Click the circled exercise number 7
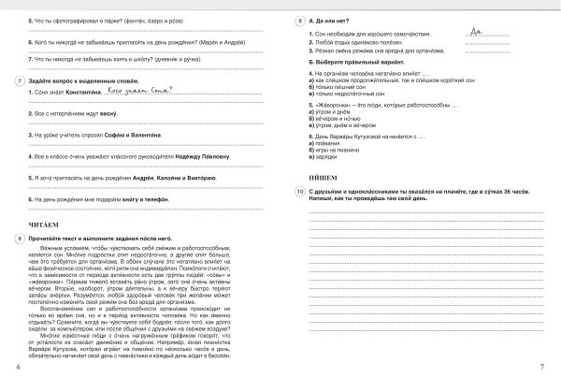click(20, 81)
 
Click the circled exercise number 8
click(20, 240)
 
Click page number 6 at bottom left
click(20, 365)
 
